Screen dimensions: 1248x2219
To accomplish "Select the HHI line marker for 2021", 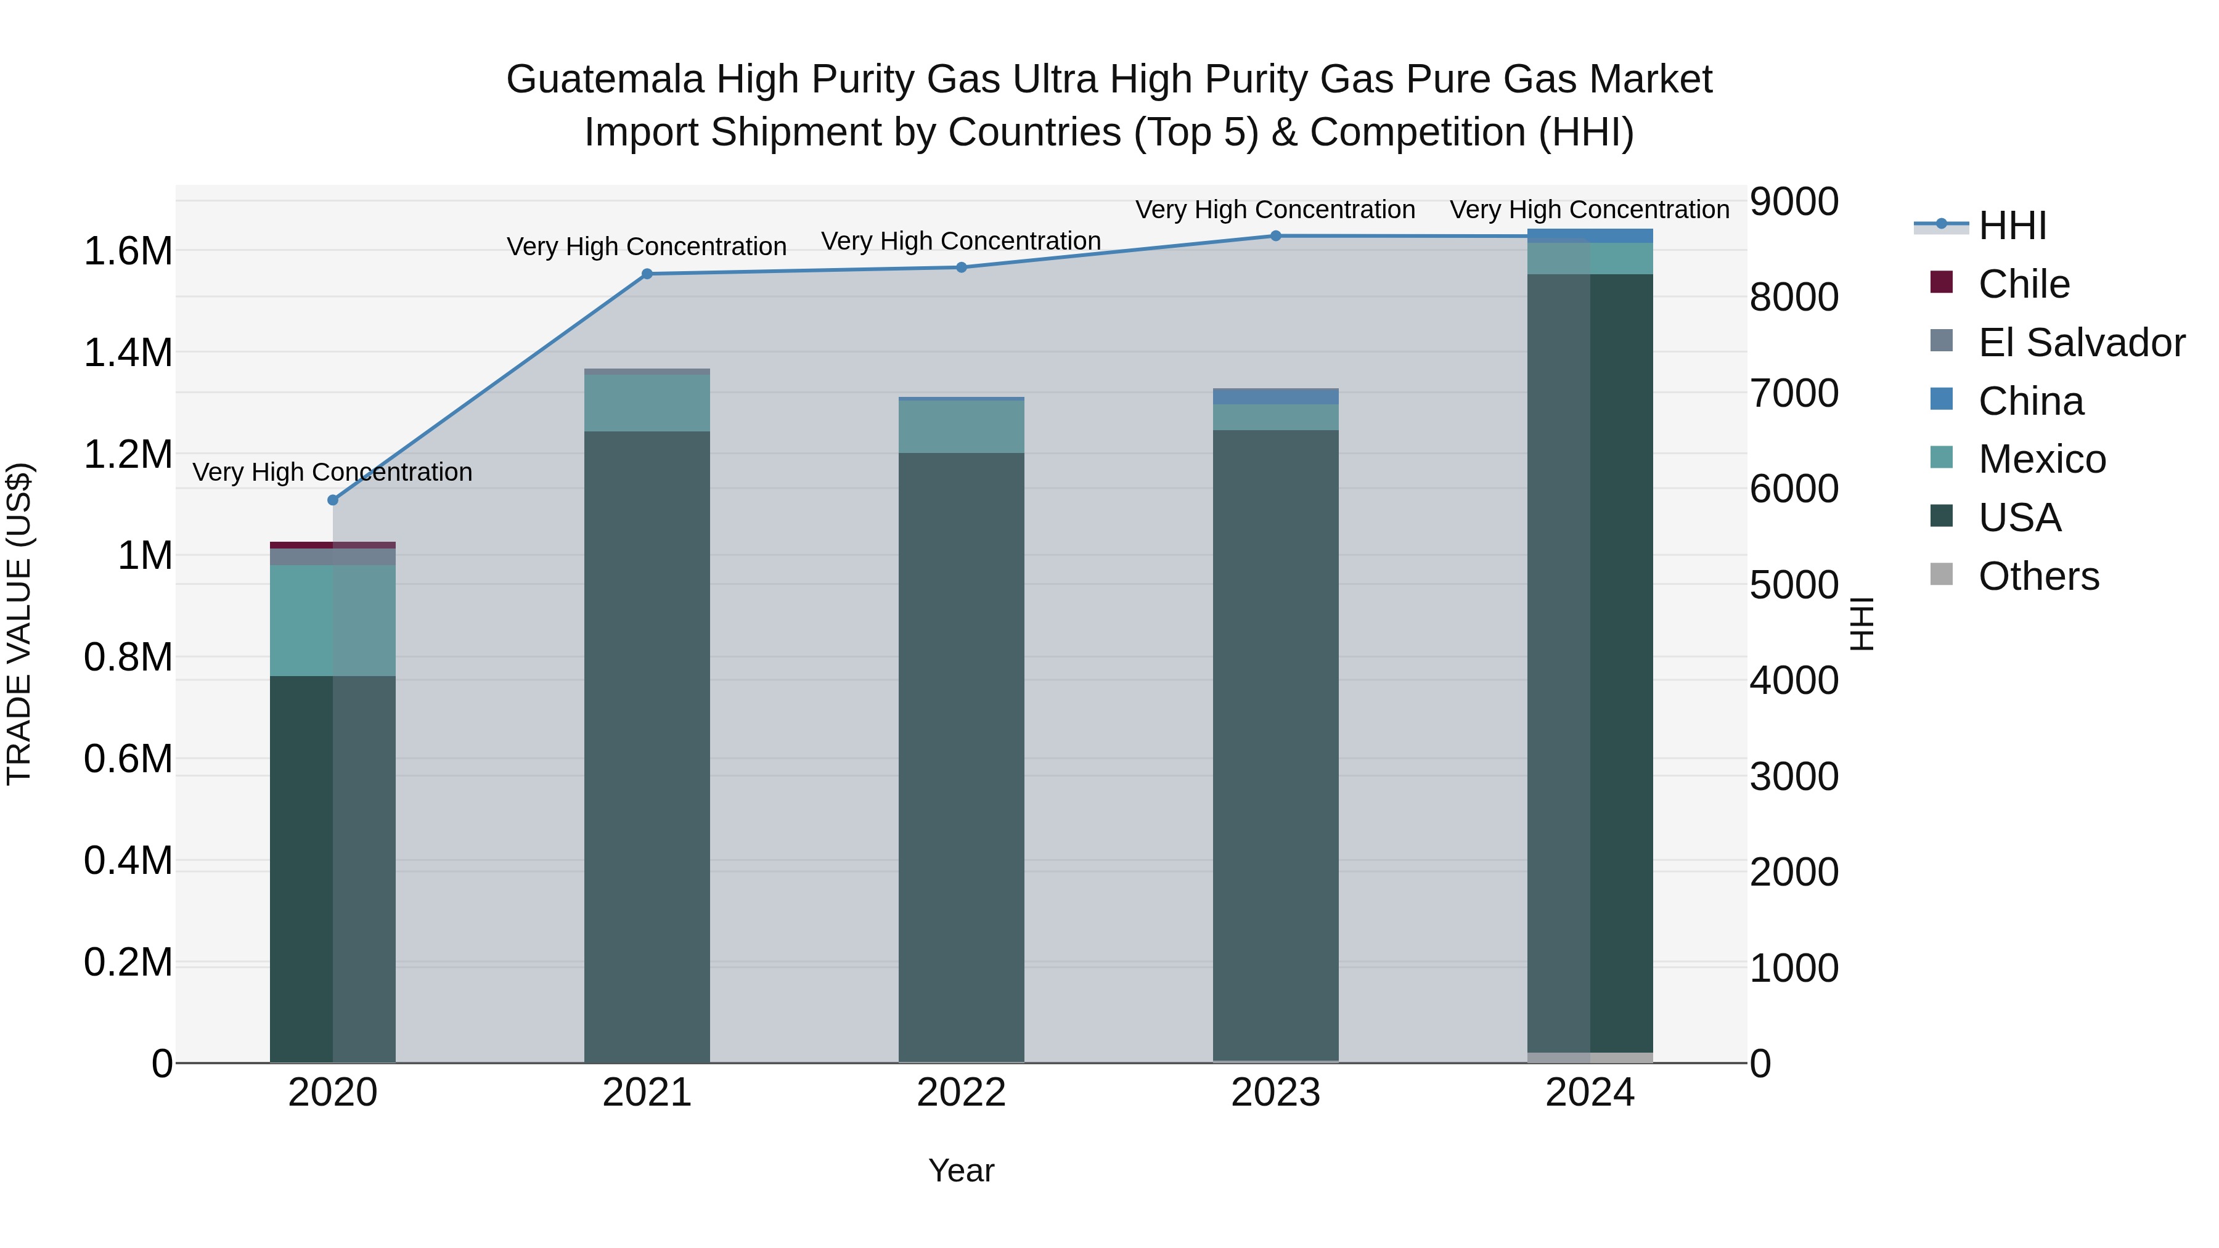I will tap(647, 274).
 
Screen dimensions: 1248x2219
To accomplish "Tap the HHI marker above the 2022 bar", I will tap(962, 267).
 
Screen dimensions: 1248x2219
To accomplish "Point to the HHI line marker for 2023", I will tap(1276, 236).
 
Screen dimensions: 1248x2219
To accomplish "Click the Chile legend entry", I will tap(2024, 284).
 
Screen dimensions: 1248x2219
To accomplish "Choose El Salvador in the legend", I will tap(2081, 343).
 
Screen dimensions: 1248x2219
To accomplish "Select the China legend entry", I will tap(2030, 401).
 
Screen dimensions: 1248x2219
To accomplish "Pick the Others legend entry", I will tap(2038, 576).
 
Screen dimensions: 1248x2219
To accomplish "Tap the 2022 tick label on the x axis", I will tap(962, 1093).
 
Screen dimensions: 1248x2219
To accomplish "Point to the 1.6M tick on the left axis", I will tap(128, 251).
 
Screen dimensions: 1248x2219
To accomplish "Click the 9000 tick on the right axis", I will tap(1794, 202).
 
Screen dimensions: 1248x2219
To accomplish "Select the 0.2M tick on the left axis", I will tap(128, 962).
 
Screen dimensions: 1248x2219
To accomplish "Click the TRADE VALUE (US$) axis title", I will tap(19, 624).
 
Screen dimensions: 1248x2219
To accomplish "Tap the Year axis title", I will tap(962, 1170).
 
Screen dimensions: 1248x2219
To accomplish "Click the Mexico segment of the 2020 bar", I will tap(332, 620).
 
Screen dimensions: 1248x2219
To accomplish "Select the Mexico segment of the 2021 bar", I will tap(647, 402).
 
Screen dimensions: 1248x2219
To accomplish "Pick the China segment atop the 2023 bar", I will tap(1276, 396).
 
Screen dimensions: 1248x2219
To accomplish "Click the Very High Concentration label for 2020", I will tap(332, 472).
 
